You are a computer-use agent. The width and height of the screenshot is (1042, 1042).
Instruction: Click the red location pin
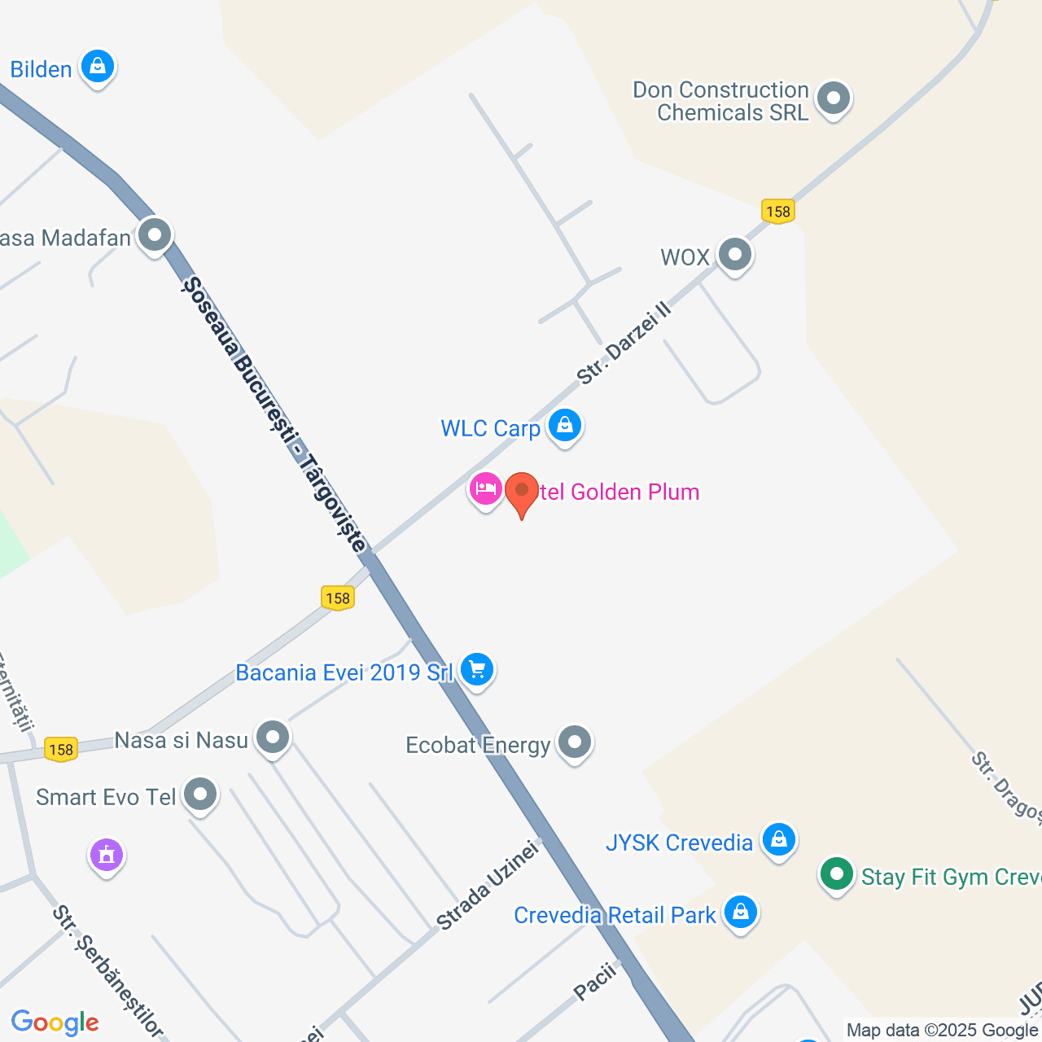(x=522, y=492)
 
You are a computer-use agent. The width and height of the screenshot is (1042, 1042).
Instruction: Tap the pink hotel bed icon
(x=485, y=489)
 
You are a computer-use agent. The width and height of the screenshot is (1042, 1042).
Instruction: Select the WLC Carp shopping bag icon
(x=564, y=425)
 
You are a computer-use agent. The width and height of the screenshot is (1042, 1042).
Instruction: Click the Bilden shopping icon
(x=98, y=67)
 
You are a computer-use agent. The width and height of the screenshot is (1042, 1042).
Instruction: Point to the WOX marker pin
(x=735, y=255)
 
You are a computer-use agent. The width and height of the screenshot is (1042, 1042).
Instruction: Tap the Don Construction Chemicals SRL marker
(x=833, y=99)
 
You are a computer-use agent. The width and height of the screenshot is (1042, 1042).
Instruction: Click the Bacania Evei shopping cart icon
(x=477, y=670)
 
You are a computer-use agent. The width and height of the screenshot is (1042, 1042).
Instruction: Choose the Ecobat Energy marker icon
(x=575, y=742)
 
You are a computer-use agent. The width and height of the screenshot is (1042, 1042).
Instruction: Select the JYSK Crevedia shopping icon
(x=778, y=839)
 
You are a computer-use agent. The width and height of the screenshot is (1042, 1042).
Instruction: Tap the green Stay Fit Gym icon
(x=836, y=875)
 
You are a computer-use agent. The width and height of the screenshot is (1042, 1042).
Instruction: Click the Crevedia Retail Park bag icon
(x=740, y=912)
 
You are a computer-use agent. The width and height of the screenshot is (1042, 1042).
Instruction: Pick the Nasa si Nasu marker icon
(x=273, y=738)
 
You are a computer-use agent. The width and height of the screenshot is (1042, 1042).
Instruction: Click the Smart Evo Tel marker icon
(x=200, y=795)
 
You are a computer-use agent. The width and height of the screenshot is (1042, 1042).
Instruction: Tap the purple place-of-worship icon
(x=107, y=855)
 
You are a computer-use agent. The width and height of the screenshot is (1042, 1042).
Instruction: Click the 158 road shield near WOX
(x=778, y=212)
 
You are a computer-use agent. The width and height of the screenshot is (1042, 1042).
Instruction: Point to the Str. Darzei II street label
(x=624, y=344)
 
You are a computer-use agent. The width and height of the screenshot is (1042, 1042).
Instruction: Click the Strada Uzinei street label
(x=488, y=886)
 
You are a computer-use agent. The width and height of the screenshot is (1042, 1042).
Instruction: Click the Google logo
(x=55, y=1022)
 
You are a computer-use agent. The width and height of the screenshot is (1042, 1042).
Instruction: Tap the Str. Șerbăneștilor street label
(x=107, y=972)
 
